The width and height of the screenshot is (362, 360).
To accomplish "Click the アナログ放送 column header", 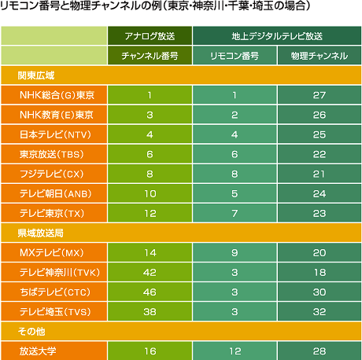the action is (150, 36).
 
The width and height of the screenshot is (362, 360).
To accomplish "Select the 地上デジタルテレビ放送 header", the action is (277, 36).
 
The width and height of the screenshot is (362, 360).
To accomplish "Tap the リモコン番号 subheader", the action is (235, 56).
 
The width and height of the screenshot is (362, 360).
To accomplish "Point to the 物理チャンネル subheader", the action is (320, 56).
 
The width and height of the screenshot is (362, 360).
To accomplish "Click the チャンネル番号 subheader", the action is (150, 56).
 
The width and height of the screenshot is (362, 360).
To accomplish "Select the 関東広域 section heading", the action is (36, 75).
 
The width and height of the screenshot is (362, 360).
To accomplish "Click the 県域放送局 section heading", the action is (41, 233).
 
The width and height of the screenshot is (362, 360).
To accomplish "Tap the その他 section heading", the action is (31, 332).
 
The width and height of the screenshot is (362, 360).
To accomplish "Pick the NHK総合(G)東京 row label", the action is (57, 95).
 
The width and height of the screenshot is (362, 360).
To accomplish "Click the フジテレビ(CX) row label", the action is (52, 174).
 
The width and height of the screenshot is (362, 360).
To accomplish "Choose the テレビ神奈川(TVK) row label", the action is (60, 272).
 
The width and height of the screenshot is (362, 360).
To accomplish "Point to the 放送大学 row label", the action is (38, 351).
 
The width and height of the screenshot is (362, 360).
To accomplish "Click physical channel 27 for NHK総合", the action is (320, 95).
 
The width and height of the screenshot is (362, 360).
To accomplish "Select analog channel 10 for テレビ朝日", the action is (150, 193).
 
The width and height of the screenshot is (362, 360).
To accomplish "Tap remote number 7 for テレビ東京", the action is (235, 213).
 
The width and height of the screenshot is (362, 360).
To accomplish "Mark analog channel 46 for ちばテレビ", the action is (150, 292).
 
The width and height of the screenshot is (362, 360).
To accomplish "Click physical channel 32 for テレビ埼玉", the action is (320, 312).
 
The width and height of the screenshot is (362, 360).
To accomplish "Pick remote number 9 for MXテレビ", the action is (235, 252).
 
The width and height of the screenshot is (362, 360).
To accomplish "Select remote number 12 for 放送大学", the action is (235, 351).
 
